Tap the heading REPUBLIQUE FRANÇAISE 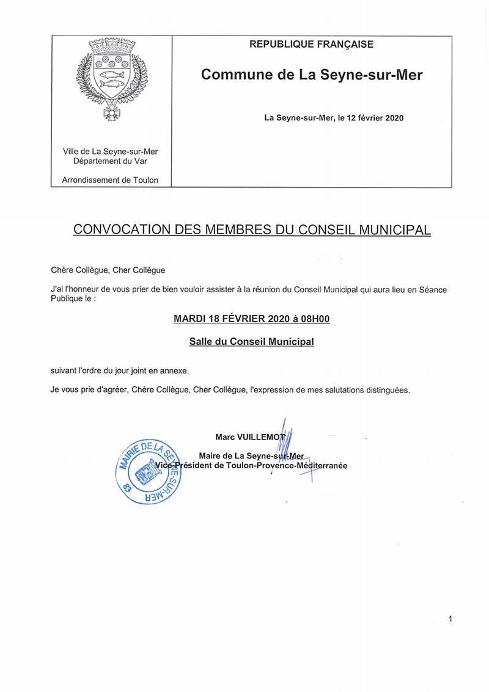pos(312,45)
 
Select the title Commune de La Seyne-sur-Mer pos(312,75)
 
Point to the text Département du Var pos(111,161)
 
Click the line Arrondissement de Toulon pos(111,180)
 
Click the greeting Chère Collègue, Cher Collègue pos(108,270)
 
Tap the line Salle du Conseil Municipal pos(252,342)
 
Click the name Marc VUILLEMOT pos(251,437)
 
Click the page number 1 pos(450,619)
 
